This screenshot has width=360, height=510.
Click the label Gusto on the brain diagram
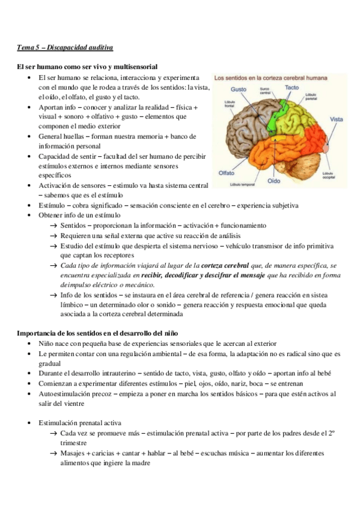coord(239,88)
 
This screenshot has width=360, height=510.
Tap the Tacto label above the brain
coord(291,88)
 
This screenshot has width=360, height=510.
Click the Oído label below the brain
coord(273,180)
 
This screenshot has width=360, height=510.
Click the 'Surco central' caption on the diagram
coord(265,92)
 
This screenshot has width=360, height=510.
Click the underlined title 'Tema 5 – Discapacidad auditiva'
coord(65,47)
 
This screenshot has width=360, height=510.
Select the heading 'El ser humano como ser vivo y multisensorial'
coord(88,67)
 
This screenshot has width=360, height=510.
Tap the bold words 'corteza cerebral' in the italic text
coord(224,265)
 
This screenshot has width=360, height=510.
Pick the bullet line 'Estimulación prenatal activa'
coord(80,423)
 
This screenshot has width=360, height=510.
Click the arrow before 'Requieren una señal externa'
coord(54,236)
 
